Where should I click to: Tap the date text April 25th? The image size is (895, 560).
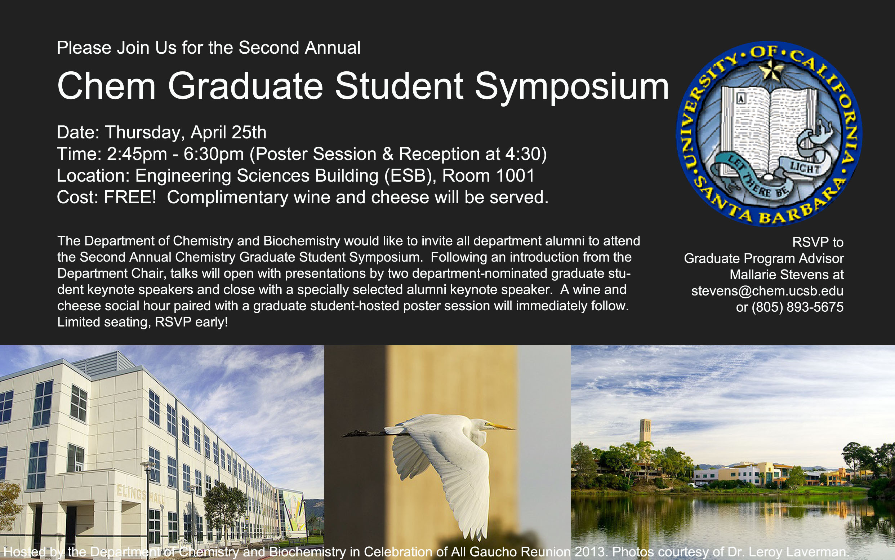(x=228, y=133)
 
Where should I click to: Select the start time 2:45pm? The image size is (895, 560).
(x=137, y=154)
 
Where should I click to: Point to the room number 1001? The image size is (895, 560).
(x=515, y=175)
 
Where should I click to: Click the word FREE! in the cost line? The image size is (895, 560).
(x=130, y=197)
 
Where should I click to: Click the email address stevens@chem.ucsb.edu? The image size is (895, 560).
(x=767, y=291)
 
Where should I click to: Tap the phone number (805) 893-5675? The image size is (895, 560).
(x=797, y=307)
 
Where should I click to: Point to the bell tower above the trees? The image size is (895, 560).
(x=645, y=431)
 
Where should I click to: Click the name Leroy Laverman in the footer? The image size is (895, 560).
(x=798, y=552)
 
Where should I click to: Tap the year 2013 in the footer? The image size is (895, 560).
(x=590, y=552)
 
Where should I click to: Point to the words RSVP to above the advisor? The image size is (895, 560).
(x=818, y=242)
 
